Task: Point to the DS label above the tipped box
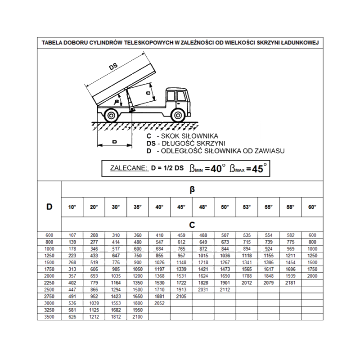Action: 113,66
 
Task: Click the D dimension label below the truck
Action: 115,141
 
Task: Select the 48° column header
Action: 203,207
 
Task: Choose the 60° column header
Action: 312,207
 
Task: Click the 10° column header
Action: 72,207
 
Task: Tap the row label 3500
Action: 49,317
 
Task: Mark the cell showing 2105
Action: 181,297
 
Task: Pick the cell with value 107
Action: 72,235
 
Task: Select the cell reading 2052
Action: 159,303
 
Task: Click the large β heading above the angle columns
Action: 192,190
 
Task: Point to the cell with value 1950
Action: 137,310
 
